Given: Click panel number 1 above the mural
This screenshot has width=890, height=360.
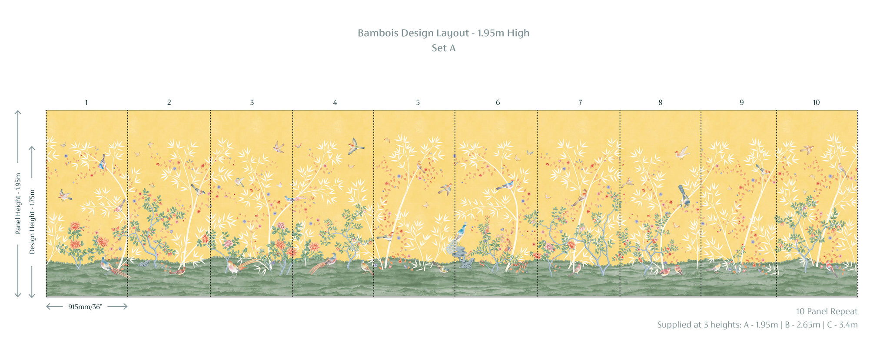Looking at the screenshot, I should (86, 103).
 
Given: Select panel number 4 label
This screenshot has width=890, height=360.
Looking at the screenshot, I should (335, 103).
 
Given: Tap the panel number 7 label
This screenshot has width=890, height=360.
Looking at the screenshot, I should (580, 103).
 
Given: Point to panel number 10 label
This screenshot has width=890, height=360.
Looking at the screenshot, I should (816, 103).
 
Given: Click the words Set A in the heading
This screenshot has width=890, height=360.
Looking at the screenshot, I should (444, 48).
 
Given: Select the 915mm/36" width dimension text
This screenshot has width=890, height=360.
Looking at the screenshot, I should (85, 307).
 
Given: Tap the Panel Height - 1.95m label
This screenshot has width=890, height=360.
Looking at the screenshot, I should (18, 203).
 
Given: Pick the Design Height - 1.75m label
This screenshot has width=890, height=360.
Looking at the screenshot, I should (32, 222).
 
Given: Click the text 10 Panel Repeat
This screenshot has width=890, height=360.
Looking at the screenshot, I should (827, 312).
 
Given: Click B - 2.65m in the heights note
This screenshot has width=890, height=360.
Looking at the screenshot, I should (803, 325).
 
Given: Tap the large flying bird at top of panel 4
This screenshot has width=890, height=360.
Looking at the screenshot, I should (355, 147).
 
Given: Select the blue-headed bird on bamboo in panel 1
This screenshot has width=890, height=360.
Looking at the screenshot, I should (103, 162).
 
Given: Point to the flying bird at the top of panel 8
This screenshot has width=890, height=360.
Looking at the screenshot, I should (682, 152).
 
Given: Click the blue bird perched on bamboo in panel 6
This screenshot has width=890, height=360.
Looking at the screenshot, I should (505, 186).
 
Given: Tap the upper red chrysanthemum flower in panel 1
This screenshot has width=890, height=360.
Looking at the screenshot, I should (76, 227).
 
